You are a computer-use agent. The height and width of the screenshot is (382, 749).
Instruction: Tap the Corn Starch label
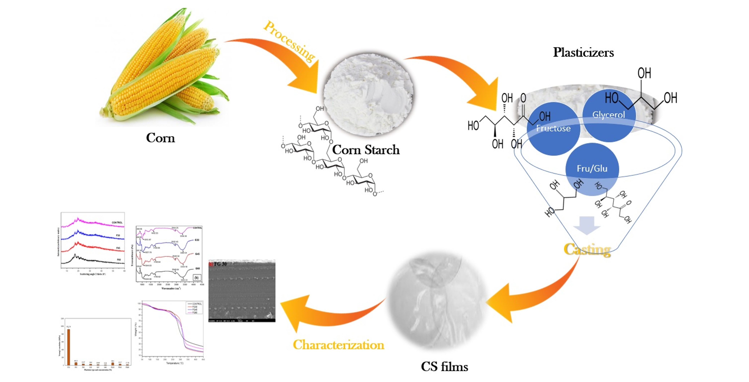(x=366, y=150)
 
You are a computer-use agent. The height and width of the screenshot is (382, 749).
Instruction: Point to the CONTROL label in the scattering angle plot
(x=117, y=222)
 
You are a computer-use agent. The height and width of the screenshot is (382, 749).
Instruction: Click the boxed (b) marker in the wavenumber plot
(x=197, y=278)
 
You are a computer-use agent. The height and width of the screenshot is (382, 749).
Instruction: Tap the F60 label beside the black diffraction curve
(x=119, y=259)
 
